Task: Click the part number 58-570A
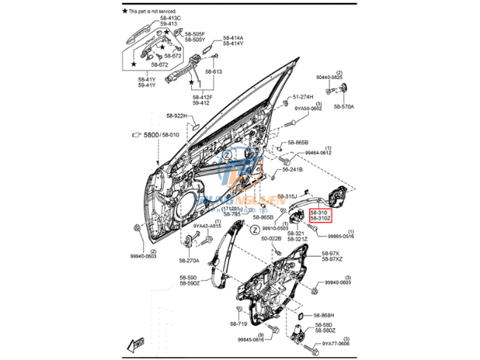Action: (x=343, y=106)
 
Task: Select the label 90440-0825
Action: (x=330, y=77)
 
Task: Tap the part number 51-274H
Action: (x=303, y=97)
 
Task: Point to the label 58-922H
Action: (x=178, y=115)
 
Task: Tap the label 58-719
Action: (x=238, y=324)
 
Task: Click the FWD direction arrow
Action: (x=138, y=344)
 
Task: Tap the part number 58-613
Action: (x=213, y=71)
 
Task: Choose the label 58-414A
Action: (x=233, y=38)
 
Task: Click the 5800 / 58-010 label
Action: (x=160, y=135)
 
